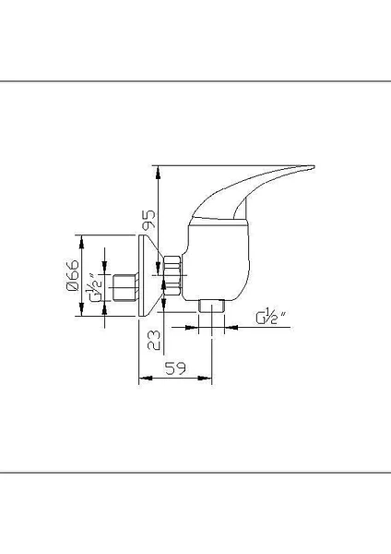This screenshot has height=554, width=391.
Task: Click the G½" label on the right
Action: [271, 319]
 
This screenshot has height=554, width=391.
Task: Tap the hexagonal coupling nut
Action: [173, 277]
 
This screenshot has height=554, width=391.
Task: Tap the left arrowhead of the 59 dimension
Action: [142, 379]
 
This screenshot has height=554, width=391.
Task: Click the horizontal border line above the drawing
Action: [195, 81]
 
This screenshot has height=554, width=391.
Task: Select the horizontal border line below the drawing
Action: [195, 472]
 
